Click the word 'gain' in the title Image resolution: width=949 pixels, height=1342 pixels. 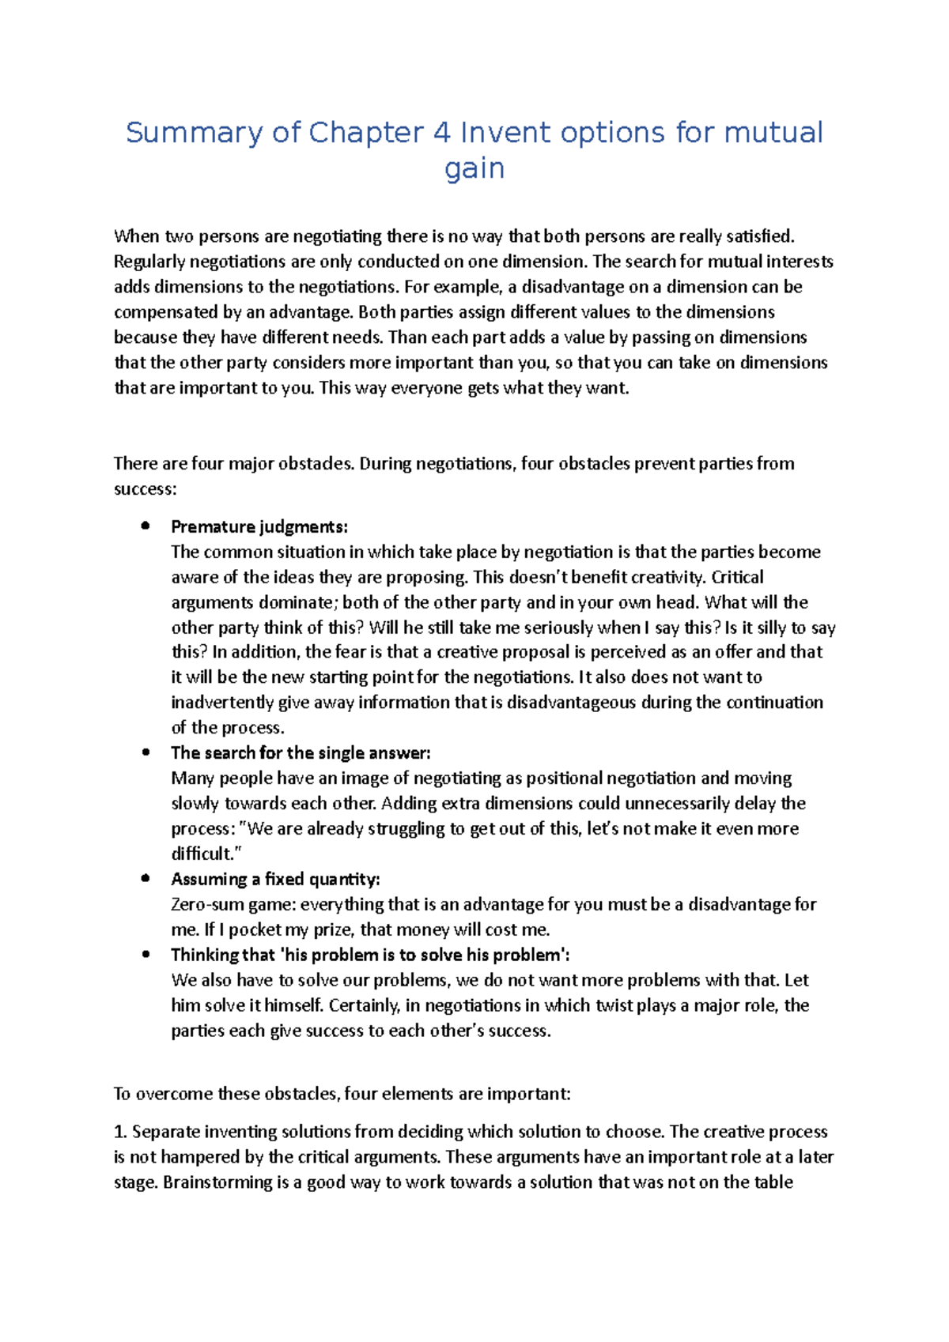point(475,169)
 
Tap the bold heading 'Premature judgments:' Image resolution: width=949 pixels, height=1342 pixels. point(259,527)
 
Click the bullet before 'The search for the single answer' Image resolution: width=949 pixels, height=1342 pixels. point(146,753)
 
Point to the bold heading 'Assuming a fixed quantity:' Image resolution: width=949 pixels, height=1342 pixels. point(275,880)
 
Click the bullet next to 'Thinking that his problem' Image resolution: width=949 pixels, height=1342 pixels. point(146,955)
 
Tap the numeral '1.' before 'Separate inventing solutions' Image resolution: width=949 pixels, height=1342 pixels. point(121,1132)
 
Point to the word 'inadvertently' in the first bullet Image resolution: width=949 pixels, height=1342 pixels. point(222,703)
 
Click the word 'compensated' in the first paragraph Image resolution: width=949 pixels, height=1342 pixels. point(161,312)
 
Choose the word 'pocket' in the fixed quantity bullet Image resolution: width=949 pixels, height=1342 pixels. point(255,930)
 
